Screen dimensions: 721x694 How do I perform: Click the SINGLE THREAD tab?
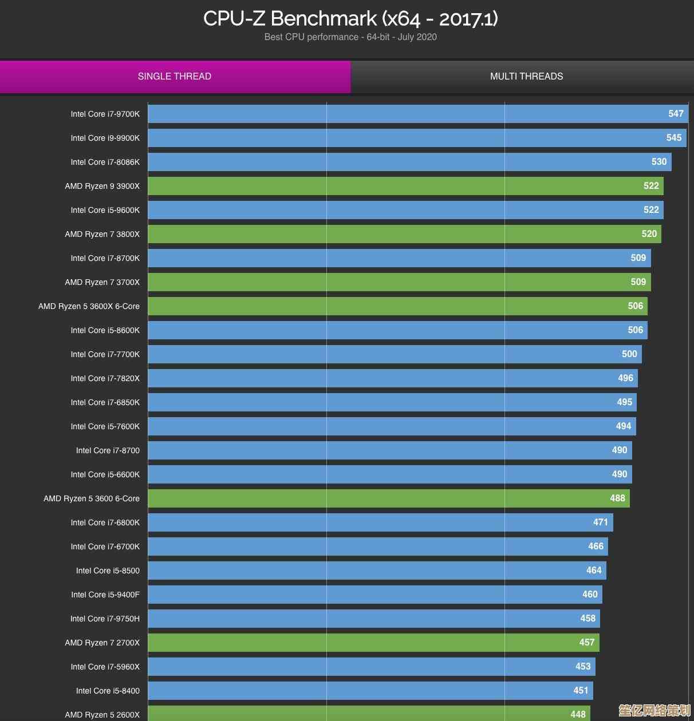click(175, 77)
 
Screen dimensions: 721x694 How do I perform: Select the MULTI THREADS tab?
click(526, 77)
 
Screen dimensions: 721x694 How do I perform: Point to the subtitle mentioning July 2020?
click(350, 37)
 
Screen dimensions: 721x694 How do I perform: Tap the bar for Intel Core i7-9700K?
click(401, 114)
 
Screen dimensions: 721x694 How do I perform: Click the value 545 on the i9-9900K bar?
click(673, 138)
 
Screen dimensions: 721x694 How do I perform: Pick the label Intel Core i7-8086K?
click(105, 163)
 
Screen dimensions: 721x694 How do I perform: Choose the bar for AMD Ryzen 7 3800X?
click(401, 234)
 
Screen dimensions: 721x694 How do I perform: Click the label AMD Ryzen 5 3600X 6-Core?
click(89, 307)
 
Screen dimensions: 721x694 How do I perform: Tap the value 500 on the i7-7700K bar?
click(629, 354)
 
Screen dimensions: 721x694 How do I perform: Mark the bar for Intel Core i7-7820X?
click(389, 378)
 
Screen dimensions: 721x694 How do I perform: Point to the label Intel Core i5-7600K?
click(105, 427)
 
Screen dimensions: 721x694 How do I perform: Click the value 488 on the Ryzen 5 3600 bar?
click(617, 498)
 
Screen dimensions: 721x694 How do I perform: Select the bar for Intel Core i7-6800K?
click(378, 522)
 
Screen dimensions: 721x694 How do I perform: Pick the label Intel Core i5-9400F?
click(105, 595)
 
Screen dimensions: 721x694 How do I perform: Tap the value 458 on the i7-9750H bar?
click(587, 619)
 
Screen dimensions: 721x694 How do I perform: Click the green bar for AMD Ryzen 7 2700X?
click(372, 643)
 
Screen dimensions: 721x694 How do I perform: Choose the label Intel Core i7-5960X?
click(105, 667)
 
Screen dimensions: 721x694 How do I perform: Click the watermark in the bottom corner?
click(654, 711)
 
